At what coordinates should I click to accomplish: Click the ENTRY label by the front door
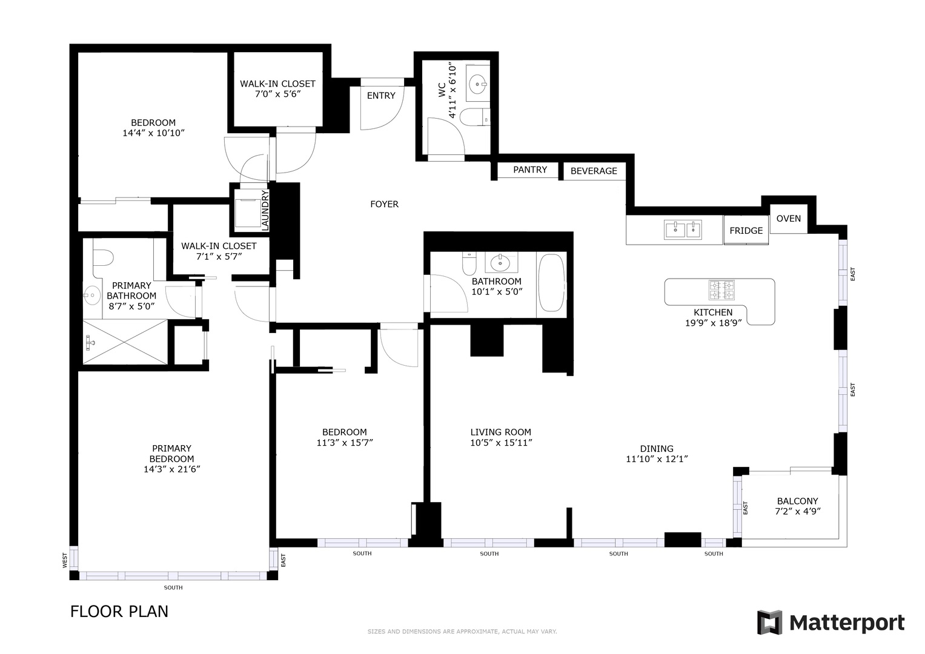click(x=380, y=96)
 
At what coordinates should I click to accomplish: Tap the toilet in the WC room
click(x=474, y=116)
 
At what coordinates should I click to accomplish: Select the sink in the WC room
click(x=478, y=84)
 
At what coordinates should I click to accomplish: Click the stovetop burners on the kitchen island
click(x=721, y=290)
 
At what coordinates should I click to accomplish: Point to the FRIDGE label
click(x=746, y=231)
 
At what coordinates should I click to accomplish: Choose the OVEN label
click(x=788, y=219)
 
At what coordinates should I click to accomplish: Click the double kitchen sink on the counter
click(x=683, y=230)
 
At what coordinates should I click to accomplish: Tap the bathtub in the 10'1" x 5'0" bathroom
click(x=551, y=283)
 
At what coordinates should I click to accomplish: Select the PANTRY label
click(x=529, y=170)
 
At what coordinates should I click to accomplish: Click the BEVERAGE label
click(x=594, y=171)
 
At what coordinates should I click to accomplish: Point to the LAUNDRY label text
click(x=265, y=210)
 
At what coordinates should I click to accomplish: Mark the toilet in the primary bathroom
click(x=104, y=258)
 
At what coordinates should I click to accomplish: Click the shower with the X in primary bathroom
click(x=125, y=342)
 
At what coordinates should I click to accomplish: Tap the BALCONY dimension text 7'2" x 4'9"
click(x=797, y=512)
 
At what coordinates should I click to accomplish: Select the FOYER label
click(x=384, y=205)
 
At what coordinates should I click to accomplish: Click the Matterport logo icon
click(x=769, y=623)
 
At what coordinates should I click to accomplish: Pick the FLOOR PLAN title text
click(x=119, y=612)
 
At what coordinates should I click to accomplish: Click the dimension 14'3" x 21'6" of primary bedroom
click(x=171, y=469)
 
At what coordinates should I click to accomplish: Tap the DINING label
click(x=657, y=449)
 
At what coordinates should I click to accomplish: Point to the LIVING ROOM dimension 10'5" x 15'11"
click(x=500, y=443)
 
